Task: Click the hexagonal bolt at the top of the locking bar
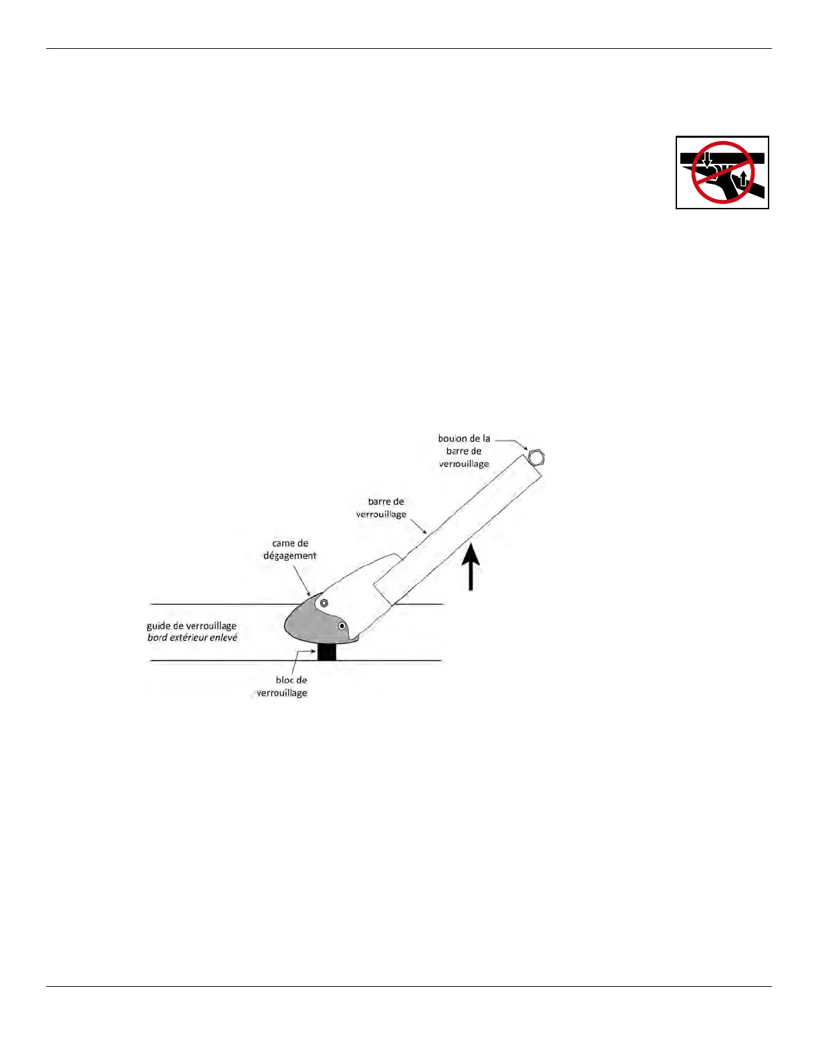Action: [536, 458]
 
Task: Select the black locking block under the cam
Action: [326, 651]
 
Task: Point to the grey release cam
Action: [307, 621]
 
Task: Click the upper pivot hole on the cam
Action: [324, 603]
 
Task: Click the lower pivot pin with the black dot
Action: [342, 626]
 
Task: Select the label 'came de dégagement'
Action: [290, 550]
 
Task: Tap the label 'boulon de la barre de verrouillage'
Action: [464, 451]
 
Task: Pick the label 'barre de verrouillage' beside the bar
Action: [382, 508]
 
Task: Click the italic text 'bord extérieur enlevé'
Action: [192, 638]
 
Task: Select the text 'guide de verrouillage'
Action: [192, 626]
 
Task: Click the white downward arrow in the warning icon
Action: [707, 161]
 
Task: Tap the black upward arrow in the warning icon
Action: [741, 179]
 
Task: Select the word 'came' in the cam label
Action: [283, 544]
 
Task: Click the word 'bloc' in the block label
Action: [285, 680]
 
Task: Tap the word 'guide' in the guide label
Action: [158, 626]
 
